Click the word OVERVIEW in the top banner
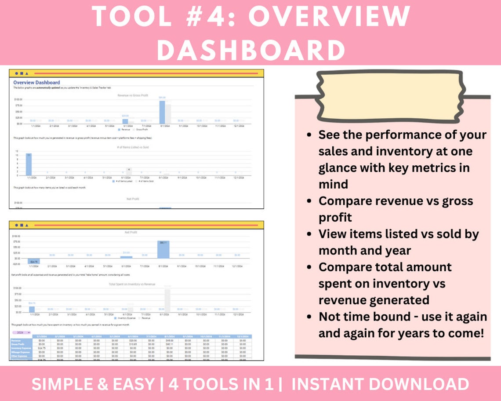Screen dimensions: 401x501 click(x=329, y=17)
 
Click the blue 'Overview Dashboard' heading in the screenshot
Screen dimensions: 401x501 click(x=36, y=82)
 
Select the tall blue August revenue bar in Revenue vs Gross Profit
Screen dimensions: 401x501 click(x=162, y=112)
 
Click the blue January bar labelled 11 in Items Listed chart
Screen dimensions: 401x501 click(x=29, y=164)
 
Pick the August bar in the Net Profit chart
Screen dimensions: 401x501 click(x=163, y=250)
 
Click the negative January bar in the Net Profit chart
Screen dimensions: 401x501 click(x=34, y=261)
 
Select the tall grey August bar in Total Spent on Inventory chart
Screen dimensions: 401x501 click(x=167, y=300)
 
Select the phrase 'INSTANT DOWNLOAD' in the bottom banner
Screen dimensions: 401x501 click(x=380, y=384)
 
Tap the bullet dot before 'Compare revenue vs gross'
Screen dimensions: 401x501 click(x=311, y=201)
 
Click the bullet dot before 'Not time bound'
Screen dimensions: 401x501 click(x=311, y=317)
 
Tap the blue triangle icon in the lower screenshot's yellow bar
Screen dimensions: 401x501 click(x=27, y=225)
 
